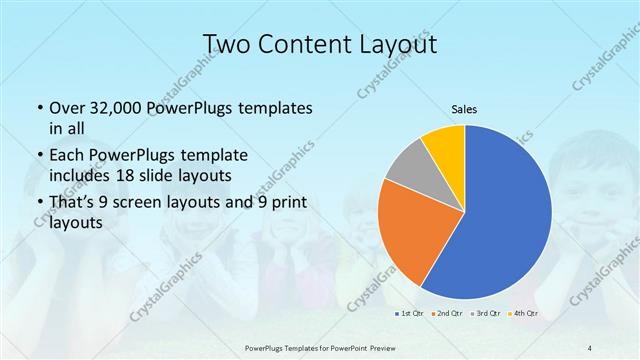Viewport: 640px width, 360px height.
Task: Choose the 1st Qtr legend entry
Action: point(411,314)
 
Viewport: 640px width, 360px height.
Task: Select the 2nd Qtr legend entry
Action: point(447,314)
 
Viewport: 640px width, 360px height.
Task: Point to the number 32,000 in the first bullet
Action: point(119,107)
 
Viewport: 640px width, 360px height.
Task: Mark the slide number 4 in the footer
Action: point(590,347)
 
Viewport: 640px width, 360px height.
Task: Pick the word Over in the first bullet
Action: point(65,107)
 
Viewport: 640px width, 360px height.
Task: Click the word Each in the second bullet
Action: point(66,155)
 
